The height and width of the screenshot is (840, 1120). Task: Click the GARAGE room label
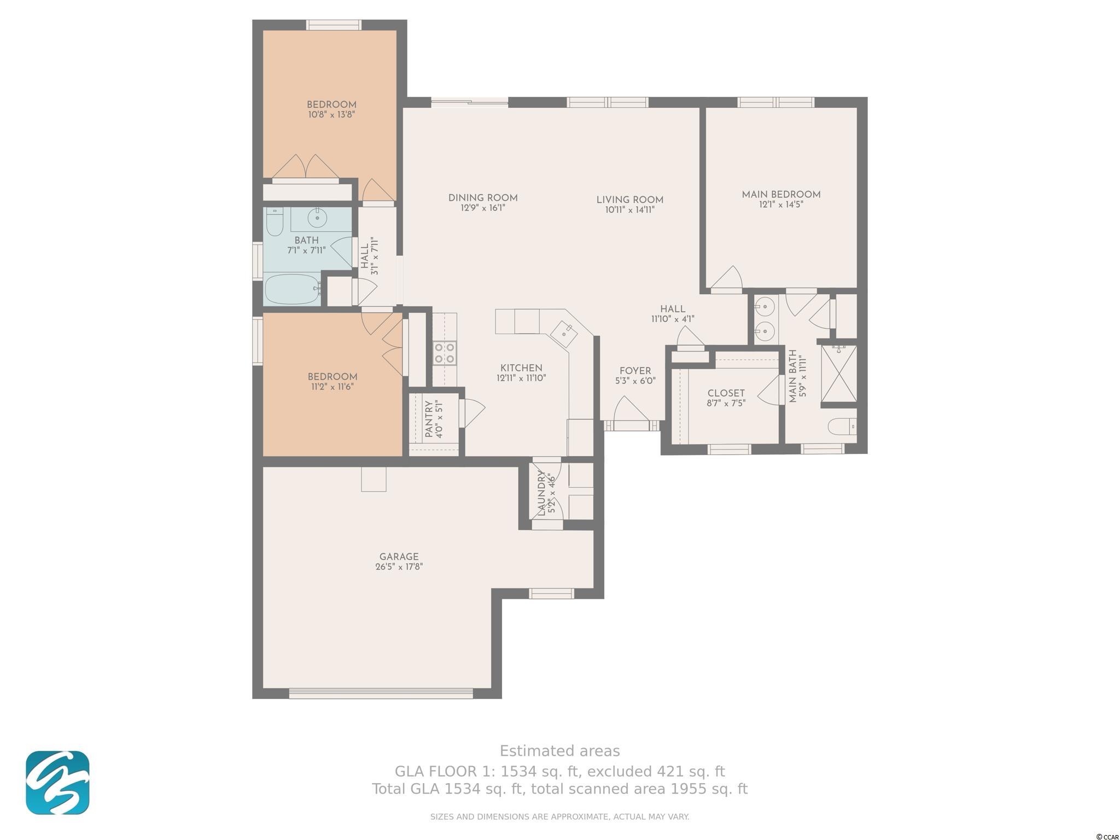(x=399, y=557)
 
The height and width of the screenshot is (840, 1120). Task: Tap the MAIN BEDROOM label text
(x=781, y=195)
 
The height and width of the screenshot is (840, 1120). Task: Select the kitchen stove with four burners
(x=445, y=353)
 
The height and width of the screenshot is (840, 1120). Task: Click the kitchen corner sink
(x=563, y=332)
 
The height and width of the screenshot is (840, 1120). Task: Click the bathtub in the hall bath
(x=292, y=289)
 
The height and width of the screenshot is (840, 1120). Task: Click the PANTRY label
(x=429, y=418)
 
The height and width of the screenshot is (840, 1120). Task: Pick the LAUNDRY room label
(x=541, y=493)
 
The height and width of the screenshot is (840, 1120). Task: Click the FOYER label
(x=635, y=371)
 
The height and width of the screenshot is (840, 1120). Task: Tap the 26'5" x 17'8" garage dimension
(x=399, y=567)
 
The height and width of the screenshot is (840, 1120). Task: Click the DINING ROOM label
(x=483, y=198)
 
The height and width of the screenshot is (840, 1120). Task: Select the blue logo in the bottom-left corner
(x=57, y=783)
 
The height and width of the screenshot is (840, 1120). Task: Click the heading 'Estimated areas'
(x=559, y=751)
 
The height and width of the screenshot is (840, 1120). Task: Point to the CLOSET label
(x=726, y=393)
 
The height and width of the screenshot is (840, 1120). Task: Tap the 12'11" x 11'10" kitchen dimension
(x=521, y=378)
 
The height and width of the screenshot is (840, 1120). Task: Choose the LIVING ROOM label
(x=629, y=200)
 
